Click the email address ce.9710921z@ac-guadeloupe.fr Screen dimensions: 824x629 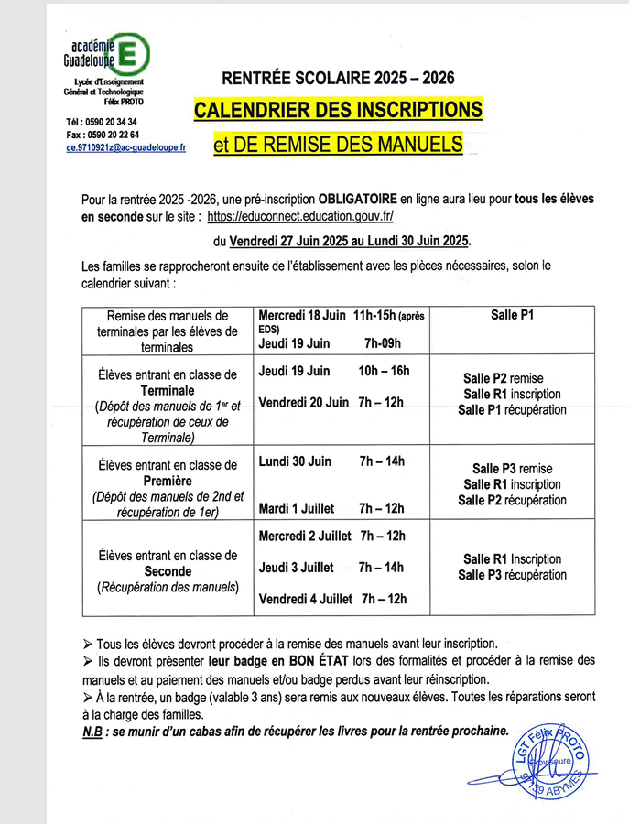(x=125, y=146)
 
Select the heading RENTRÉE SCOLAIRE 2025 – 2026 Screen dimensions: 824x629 (x=337, y=79)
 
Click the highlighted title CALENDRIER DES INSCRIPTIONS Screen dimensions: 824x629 (x=337, y=110)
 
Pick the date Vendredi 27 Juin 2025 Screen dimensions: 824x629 (x=287, y=242)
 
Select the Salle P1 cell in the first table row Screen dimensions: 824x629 (x=512, y=315)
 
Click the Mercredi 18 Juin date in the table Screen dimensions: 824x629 (x=302, y=315)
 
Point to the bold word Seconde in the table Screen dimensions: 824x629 (x=168, y=571)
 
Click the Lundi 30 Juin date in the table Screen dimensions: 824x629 (x=295, y=461)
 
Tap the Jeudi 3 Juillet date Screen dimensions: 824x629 (x=297, y=568)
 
